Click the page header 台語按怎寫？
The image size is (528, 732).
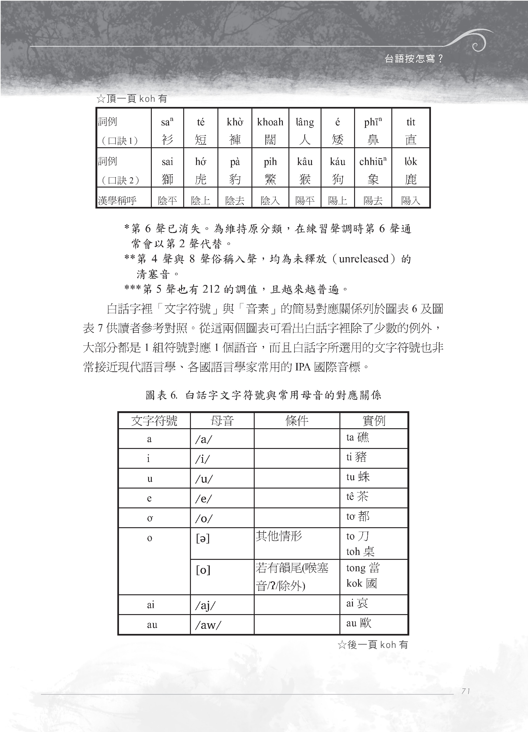click(414, 59)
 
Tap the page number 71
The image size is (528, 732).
click(465, 691)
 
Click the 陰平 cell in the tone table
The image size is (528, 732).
click(167, 200)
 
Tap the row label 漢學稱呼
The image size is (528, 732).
click(117, 200)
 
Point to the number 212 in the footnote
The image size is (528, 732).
click(211, 289)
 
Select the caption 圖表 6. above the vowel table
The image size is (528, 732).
click(161, 395)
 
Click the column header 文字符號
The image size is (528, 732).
click(154, 421)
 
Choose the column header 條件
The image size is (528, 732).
click(297, 421)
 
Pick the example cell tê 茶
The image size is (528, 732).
click(357, 497)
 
